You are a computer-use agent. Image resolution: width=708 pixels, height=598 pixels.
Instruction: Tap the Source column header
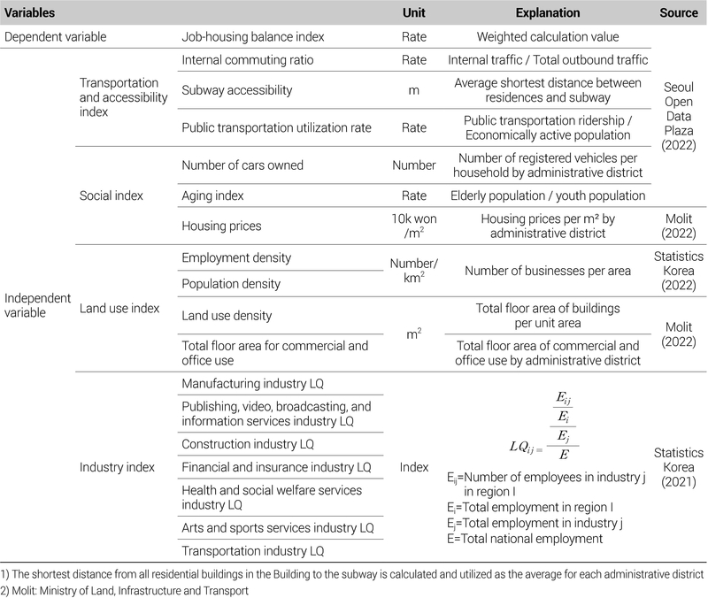coord(679,14)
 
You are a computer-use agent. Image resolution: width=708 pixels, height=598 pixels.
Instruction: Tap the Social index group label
coord(112,195)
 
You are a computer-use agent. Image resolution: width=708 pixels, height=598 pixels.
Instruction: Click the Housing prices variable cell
coord(221,226)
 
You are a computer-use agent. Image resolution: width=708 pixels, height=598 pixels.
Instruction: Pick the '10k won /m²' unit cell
coord(412,226)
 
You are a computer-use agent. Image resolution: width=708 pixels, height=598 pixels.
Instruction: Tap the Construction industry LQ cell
coord(247,443)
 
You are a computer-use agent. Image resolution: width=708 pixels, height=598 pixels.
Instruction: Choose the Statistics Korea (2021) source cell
coord(680,465)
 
